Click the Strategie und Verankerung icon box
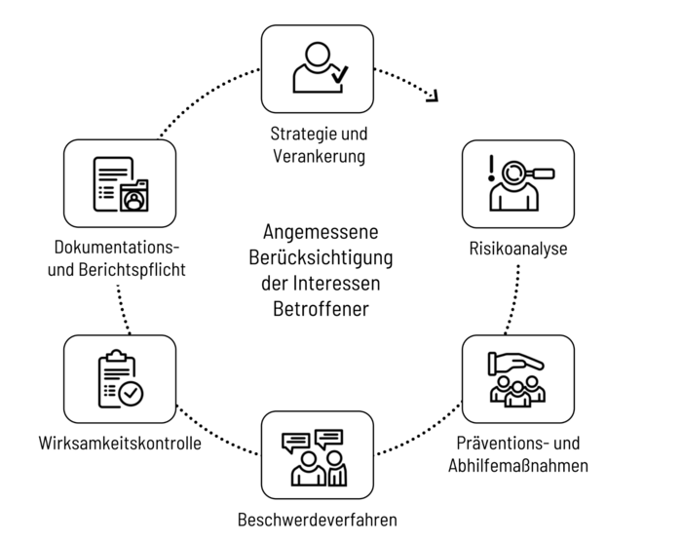click(x=318, y=69)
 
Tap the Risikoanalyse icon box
click(x=517, y=183)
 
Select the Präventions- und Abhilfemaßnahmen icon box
click(x=517, y=379)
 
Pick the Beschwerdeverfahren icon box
click(x=318, y=454)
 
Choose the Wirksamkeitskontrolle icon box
click(x=120, y=379)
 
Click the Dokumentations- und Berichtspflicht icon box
click(x=120, y=183)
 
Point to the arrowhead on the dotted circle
click(x=433, y=95)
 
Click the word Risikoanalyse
click(x=518, y=249)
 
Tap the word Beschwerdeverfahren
click(x=318, y=519)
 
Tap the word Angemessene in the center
click(x=321, y=234)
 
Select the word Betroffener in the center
click(x=321, y=309)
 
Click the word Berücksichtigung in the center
click(x=321, y=259)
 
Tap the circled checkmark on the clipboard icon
click(x=131, y=392)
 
